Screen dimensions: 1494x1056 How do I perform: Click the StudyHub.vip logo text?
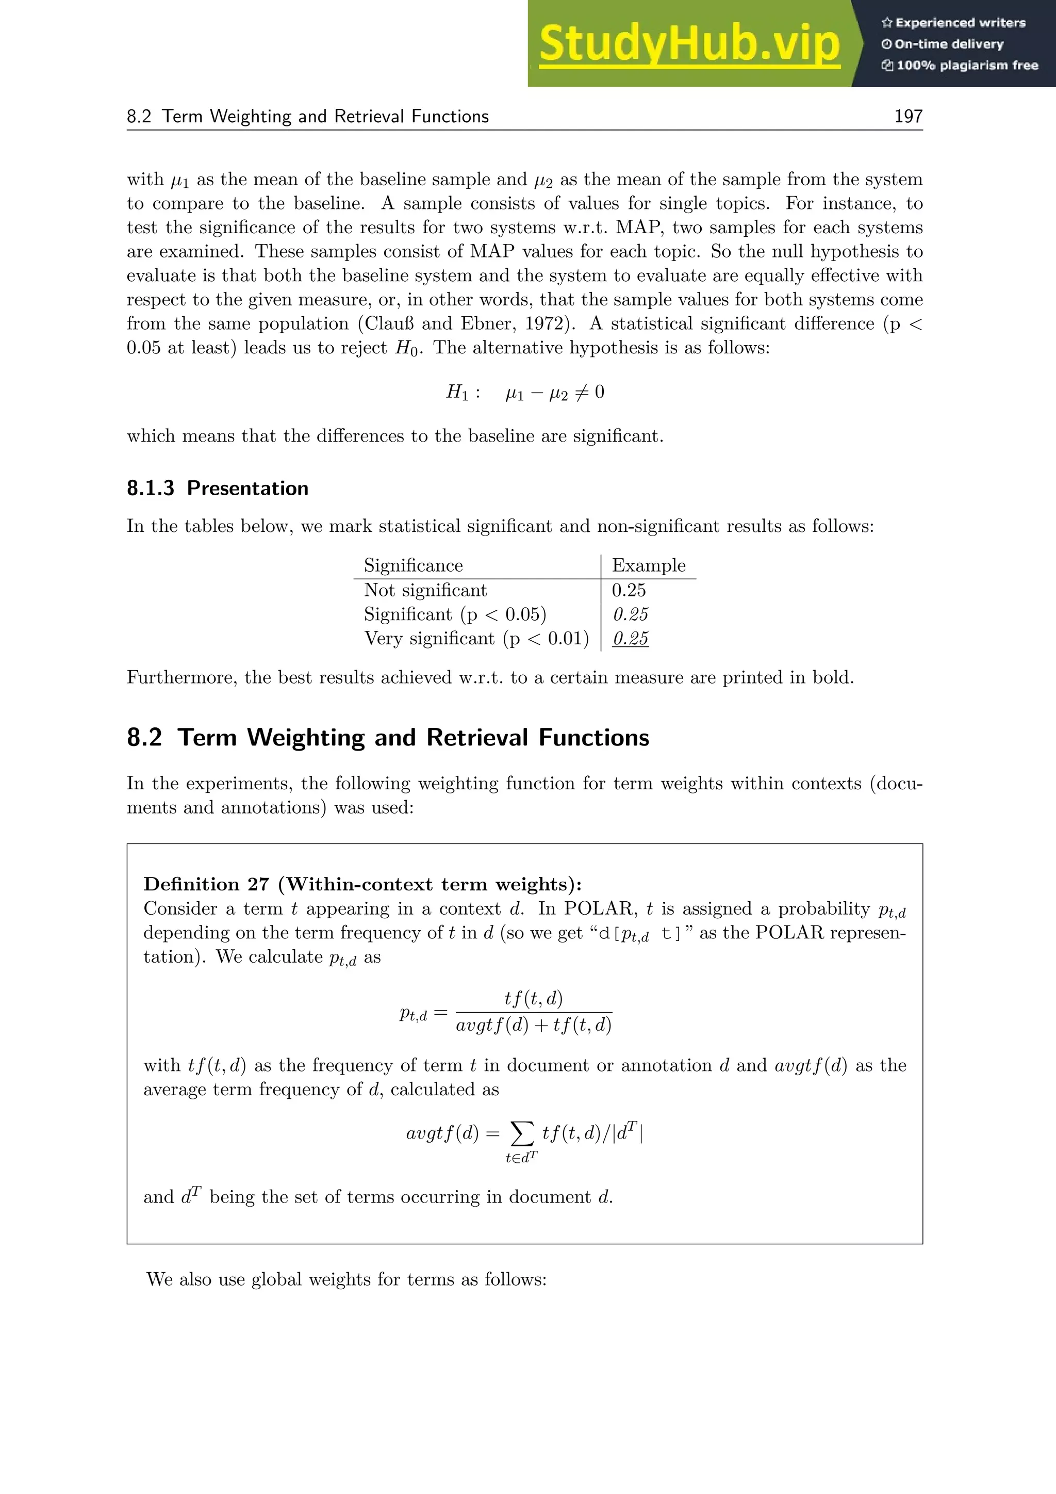[689, 44]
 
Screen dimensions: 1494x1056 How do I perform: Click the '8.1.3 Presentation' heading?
[217, 488]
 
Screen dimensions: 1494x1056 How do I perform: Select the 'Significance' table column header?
[413, 565]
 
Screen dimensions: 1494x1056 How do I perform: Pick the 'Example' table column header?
[648, 565]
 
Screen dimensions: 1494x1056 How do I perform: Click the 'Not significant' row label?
[425, 590]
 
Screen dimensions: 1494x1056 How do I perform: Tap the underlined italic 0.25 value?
[630, 638]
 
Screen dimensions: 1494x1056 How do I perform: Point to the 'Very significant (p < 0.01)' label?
[476, 638]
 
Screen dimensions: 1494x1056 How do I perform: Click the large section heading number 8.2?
[144, 737]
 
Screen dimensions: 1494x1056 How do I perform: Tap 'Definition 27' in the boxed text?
[206, 884]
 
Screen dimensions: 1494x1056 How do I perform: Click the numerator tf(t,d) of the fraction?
[533, 998]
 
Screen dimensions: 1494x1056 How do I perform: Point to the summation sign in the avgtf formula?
[521, 1133]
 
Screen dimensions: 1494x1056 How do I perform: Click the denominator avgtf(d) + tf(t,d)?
[533, 1026]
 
